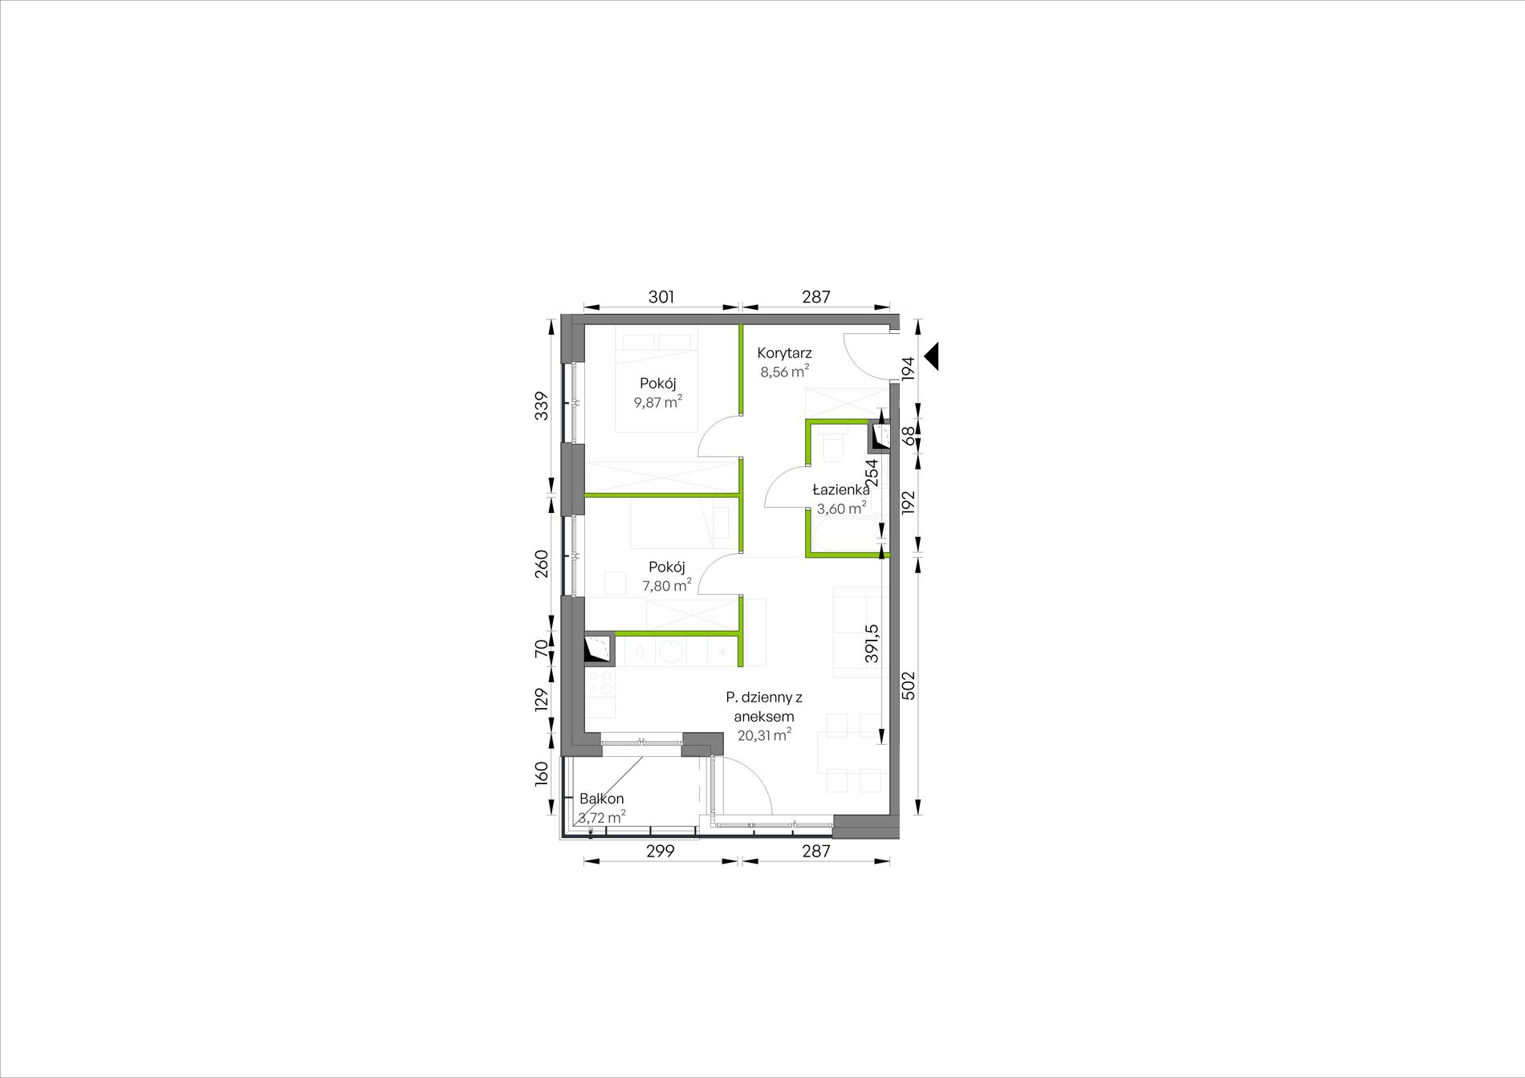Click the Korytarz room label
(x=784, y=352)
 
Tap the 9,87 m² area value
(x=658, y=401)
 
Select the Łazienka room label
(x=840, y=490)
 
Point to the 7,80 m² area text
(x=667, y=585)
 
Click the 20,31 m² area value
(x=765, y=734)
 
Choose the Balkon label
(x=602, y=799)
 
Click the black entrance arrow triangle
(x=932, y=356)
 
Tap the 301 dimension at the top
(x=661, y=297)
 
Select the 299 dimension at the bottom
(x=661, y=851)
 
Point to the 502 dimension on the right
(x=909, y=685)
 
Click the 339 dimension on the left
(x=542, y=405)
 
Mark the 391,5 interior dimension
(x=872, y=644)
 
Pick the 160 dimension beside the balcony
(x=542, y=774)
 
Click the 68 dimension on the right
(x=909, y=436)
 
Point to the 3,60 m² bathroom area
(x=841, y=508)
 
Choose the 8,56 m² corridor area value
(x=784, y=372)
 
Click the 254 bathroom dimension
(x=872, y=473)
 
